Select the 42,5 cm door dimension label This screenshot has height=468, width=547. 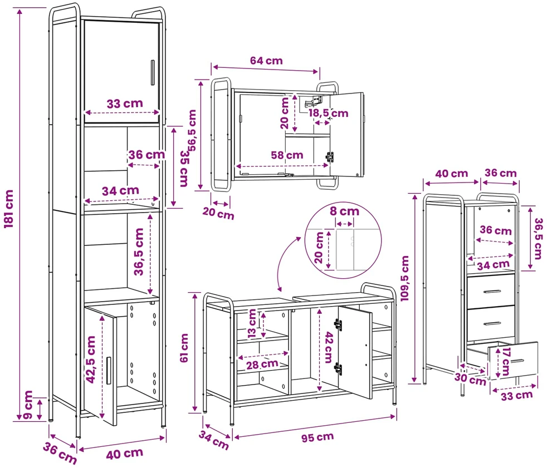click(91, 359)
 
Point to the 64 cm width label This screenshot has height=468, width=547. click(266, 61)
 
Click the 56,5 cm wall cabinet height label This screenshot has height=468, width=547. click(192, 130)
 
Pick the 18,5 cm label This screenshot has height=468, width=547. click(328, 113)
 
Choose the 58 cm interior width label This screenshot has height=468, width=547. click(287, 155)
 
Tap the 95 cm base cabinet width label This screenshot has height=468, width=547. click(318, 437)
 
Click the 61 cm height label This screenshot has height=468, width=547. click(184, 348)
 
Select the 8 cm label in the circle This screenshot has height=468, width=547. click(344, 211)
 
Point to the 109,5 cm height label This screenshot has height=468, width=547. click(404, 278)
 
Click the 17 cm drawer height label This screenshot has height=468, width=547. click(505, 361)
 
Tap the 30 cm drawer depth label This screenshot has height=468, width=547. click(470, 379)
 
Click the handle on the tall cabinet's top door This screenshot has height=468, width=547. click(153, 72)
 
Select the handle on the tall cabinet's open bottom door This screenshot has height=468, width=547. click(109, 371)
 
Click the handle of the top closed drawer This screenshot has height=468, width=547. click(492, 292)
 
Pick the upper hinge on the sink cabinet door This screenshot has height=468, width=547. click(338, 324)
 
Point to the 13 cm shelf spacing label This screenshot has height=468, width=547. click(252, 323)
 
